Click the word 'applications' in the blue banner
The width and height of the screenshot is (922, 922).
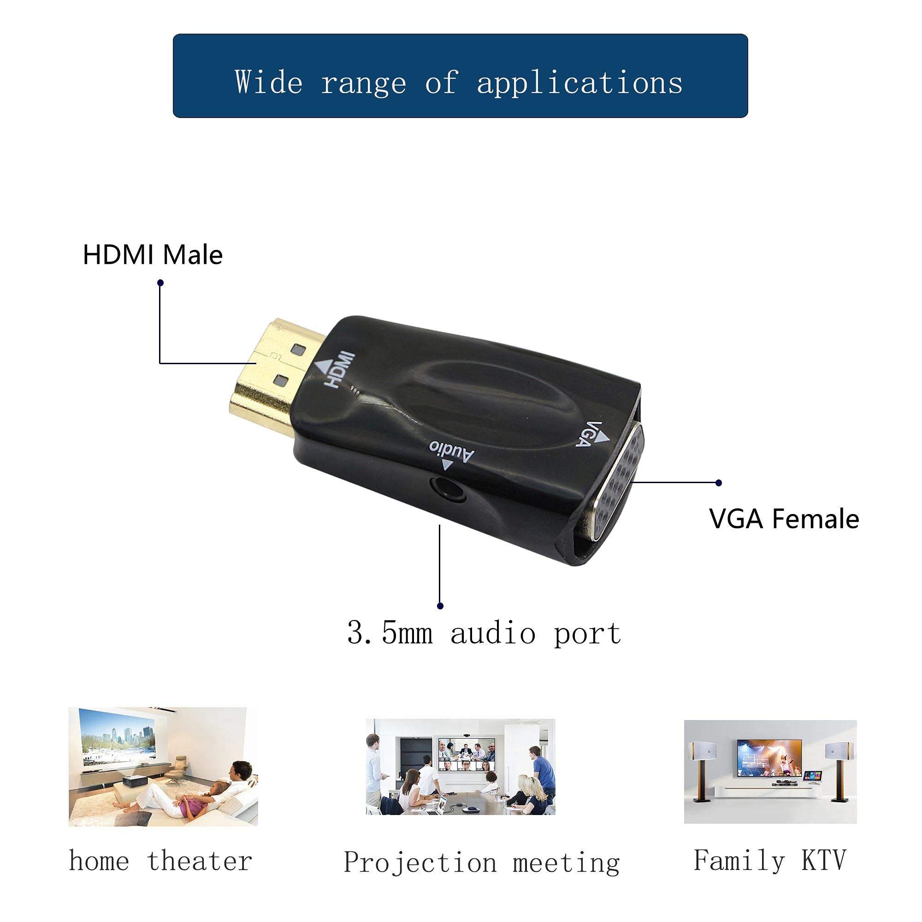(x=579, y=83)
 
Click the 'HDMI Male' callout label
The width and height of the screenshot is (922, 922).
(x=153, y=255)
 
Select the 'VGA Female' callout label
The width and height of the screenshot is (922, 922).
(x=784, y=519)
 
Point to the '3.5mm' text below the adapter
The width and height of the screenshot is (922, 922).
(x=390, y=633)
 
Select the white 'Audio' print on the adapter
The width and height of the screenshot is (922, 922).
(x=451, y=451)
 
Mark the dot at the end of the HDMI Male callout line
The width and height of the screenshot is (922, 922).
(x=160, y=283)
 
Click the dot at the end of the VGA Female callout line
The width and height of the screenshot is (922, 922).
(x=719, y=483)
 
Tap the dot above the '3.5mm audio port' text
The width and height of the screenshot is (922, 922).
(x=440, y=606)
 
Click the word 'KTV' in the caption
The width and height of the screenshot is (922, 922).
(x=823, y=860)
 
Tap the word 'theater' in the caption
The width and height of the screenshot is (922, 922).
(x=200, y=860)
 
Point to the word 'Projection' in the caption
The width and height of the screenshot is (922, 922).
(x=420, y=863)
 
